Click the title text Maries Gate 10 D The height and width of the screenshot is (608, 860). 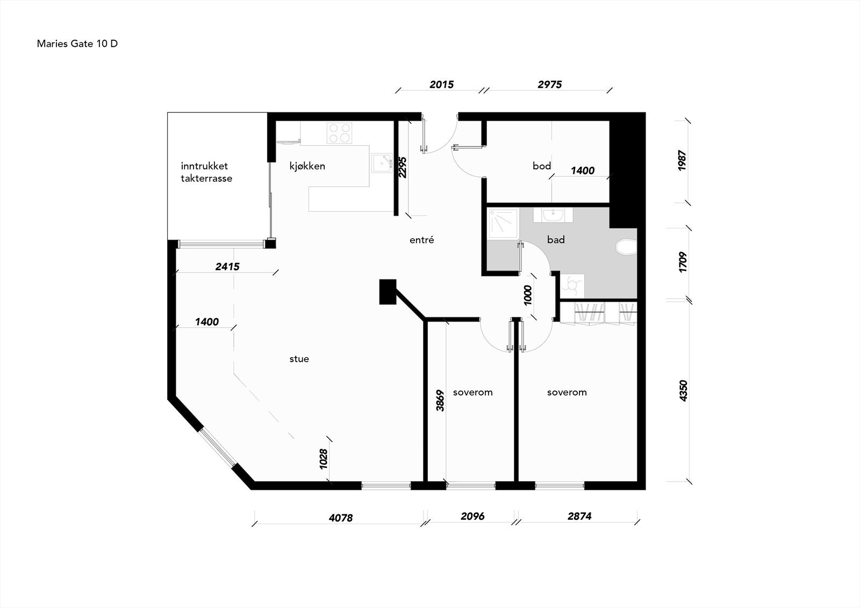click(x=77, y=44)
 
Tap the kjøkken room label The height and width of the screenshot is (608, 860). click(x=307, y=166)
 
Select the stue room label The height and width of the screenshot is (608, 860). click(x=299, y=359)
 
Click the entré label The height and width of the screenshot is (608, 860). click(x=421, y=240)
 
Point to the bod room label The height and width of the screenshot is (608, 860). click(x=542, y=166)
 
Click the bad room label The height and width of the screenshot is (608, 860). click(x=556, y=240)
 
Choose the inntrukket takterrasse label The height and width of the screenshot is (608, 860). click(x=206, y=172)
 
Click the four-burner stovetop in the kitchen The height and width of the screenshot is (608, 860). click(x=339, y=133)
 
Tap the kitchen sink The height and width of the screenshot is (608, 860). click(x=382, y=163)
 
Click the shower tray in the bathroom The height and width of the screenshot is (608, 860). click(x=503, y=224)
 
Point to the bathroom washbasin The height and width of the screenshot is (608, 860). click(x=553, y=214)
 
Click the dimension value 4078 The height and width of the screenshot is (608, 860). click(x=341, y=518)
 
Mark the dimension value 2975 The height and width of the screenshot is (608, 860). click(x=549, y=84)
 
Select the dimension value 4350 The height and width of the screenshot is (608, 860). click(x=683, y=391)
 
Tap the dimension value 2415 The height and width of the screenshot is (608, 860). click(x=227, y=267)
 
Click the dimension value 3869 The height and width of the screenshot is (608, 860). click(x=440, y=400)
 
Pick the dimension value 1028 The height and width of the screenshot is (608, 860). click(x=323, y=459)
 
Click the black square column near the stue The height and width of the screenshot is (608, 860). click(x=388, y=291)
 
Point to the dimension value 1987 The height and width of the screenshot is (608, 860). click(x=682, y=161)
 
